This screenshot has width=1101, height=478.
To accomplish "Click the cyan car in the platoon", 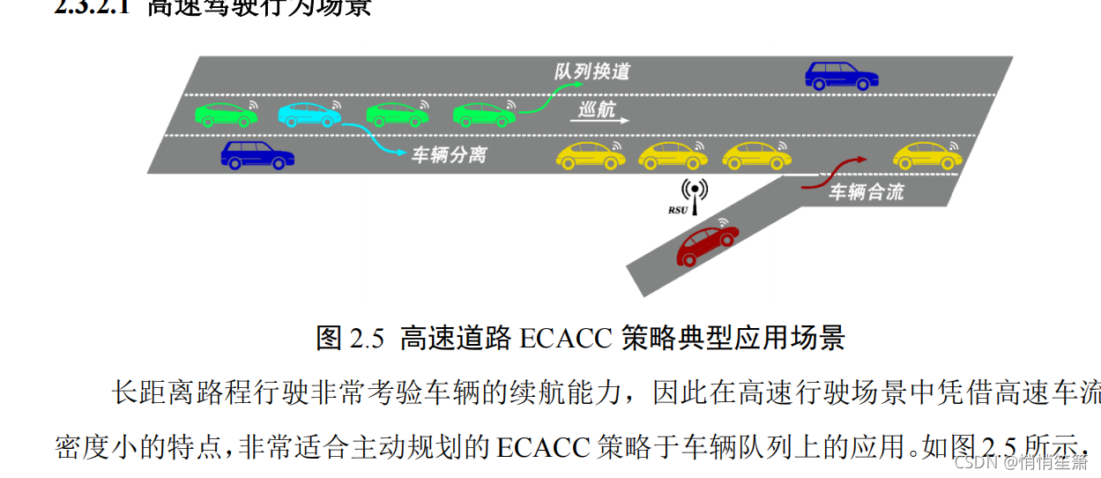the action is point(309,114).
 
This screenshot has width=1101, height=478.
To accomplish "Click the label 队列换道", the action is point(592,71).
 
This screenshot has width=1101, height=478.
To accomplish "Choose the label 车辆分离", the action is point(450,155).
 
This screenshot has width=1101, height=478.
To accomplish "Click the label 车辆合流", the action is point(867,191).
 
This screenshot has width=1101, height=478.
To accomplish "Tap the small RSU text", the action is point(677,210).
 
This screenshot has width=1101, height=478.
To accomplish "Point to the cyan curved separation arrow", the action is point(375,141).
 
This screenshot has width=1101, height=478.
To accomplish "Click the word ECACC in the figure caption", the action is point(565,339).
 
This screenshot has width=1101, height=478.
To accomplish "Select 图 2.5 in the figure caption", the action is point(351,339).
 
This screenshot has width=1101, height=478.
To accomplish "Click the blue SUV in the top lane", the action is point(842,76).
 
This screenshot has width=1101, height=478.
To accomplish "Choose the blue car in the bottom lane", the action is point(257,155).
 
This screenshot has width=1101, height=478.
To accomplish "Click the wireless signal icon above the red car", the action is point(725,222).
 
